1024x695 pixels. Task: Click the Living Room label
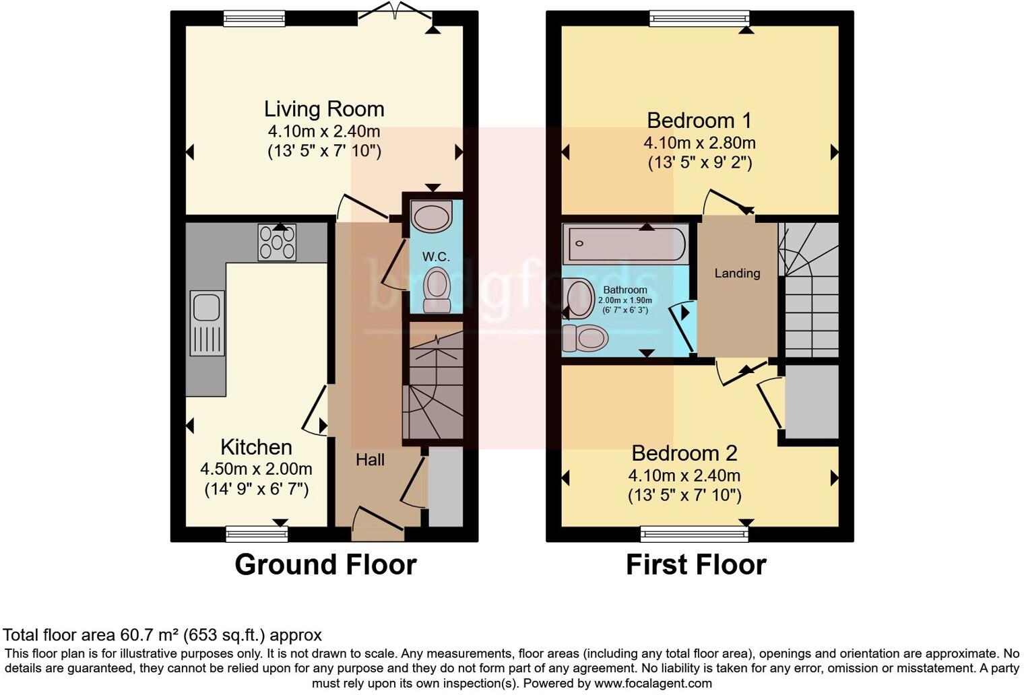pos(324,109)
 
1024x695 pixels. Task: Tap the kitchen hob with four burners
pos(277,242)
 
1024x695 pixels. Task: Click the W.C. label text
pos(436,257)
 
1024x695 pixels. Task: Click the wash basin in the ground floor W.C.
pos(433,217)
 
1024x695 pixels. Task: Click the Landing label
pos(737,273)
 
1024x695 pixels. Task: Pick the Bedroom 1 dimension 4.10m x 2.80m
pos(699,143)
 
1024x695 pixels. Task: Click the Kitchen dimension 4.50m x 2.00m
pos(256,469)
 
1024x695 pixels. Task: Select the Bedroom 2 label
pos(684,453)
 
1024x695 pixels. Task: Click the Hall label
pos(370,460)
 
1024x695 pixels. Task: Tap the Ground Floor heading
pos(325,564)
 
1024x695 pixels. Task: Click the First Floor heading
pos(696,564)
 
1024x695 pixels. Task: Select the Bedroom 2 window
pos(694,535)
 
